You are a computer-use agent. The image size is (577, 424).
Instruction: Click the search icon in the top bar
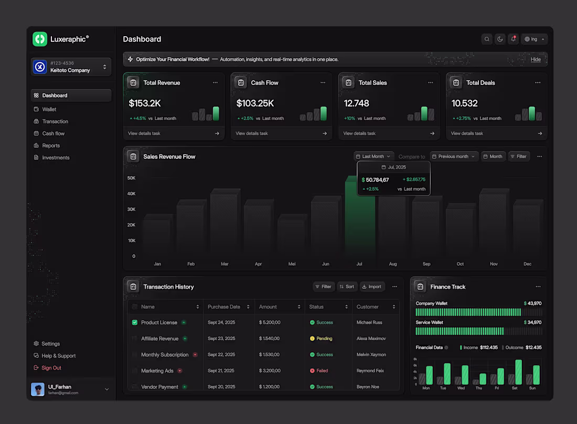click(x=487, y=39)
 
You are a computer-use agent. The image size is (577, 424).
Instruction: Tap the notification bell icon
click(x=514, y=39)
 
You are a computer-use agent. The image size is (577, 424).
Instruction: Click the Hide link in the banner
click(x=536, y=59)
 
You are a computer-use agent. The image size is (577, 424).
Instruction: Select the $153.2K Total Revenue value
click(x=145, y=103)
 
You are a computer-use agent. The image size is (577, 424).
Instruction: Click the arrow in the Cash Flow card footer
click(x=325, y=134)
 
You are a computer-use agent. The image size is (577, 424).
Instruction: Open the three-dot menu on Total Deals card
click(x=538, y=83)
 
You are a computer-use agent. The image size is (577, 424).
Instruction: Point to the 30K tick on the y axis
click(x=131, y=209)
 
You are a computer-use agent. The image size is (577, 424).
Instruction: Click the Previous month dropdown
click(x=454, y=157)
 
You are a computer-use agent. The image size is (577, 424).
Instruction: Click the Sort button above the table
click(x=347, y=287)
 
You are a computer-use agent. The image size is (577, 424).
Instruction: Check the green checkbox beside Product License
click(x=135, y=322)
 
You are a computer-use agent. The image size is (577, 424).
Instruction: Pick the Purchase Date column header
click(x=224, y=307)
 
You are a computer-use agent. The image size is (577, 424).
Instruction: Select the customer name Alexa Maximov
click(x=371, y=339)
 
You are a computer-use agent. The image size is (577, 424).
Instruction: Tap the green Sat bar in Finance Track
click(x=518, y=372)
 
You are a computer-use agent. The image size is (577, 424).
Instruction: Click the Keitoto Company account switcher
click(x=71, y=67)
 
